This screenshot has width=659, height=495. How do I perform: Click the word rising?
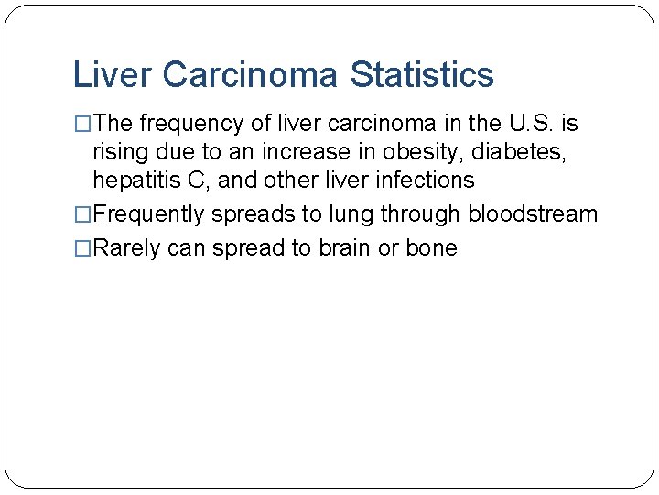[119, 152]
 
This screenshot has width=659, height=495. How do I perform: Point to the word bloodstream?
[533, 215]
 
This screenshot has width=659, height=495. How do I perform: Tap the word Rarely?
[127, 248]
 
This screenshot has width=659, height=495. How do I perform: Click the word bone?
[430, 248]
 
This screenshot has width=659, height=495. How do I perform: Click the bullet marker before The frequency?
[82, 124]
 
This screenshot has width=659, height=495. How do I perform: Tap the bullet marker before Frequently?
[82, 215]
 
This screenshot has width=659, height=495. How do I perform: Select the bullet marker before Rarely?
[82, 248]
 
